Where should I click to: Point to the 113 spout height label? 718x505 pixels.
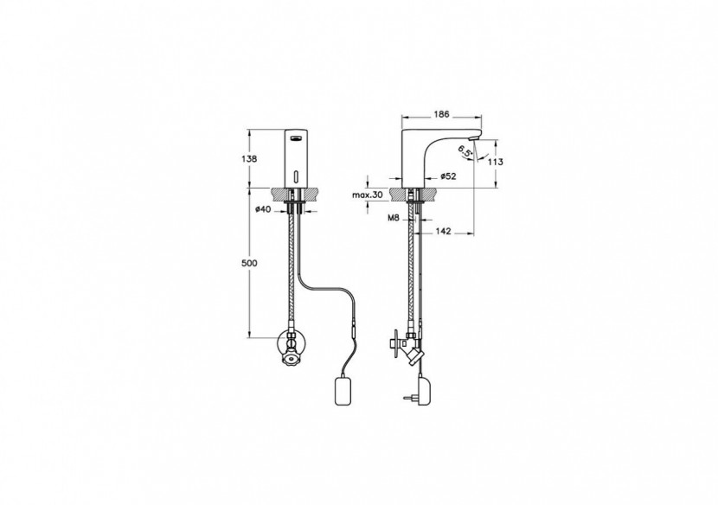(496, 162)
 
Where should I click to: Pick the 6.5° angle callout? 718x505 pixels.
(464, 153)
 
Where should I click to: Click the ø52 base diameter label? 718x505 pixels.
(449, 176)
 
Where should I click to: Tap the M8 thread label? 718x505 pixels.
(393, 220)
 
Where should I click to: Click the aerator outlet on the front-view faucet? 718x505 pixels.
(296, 135)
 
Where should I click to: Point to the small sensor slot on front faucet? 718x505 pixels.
(296, 178)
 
